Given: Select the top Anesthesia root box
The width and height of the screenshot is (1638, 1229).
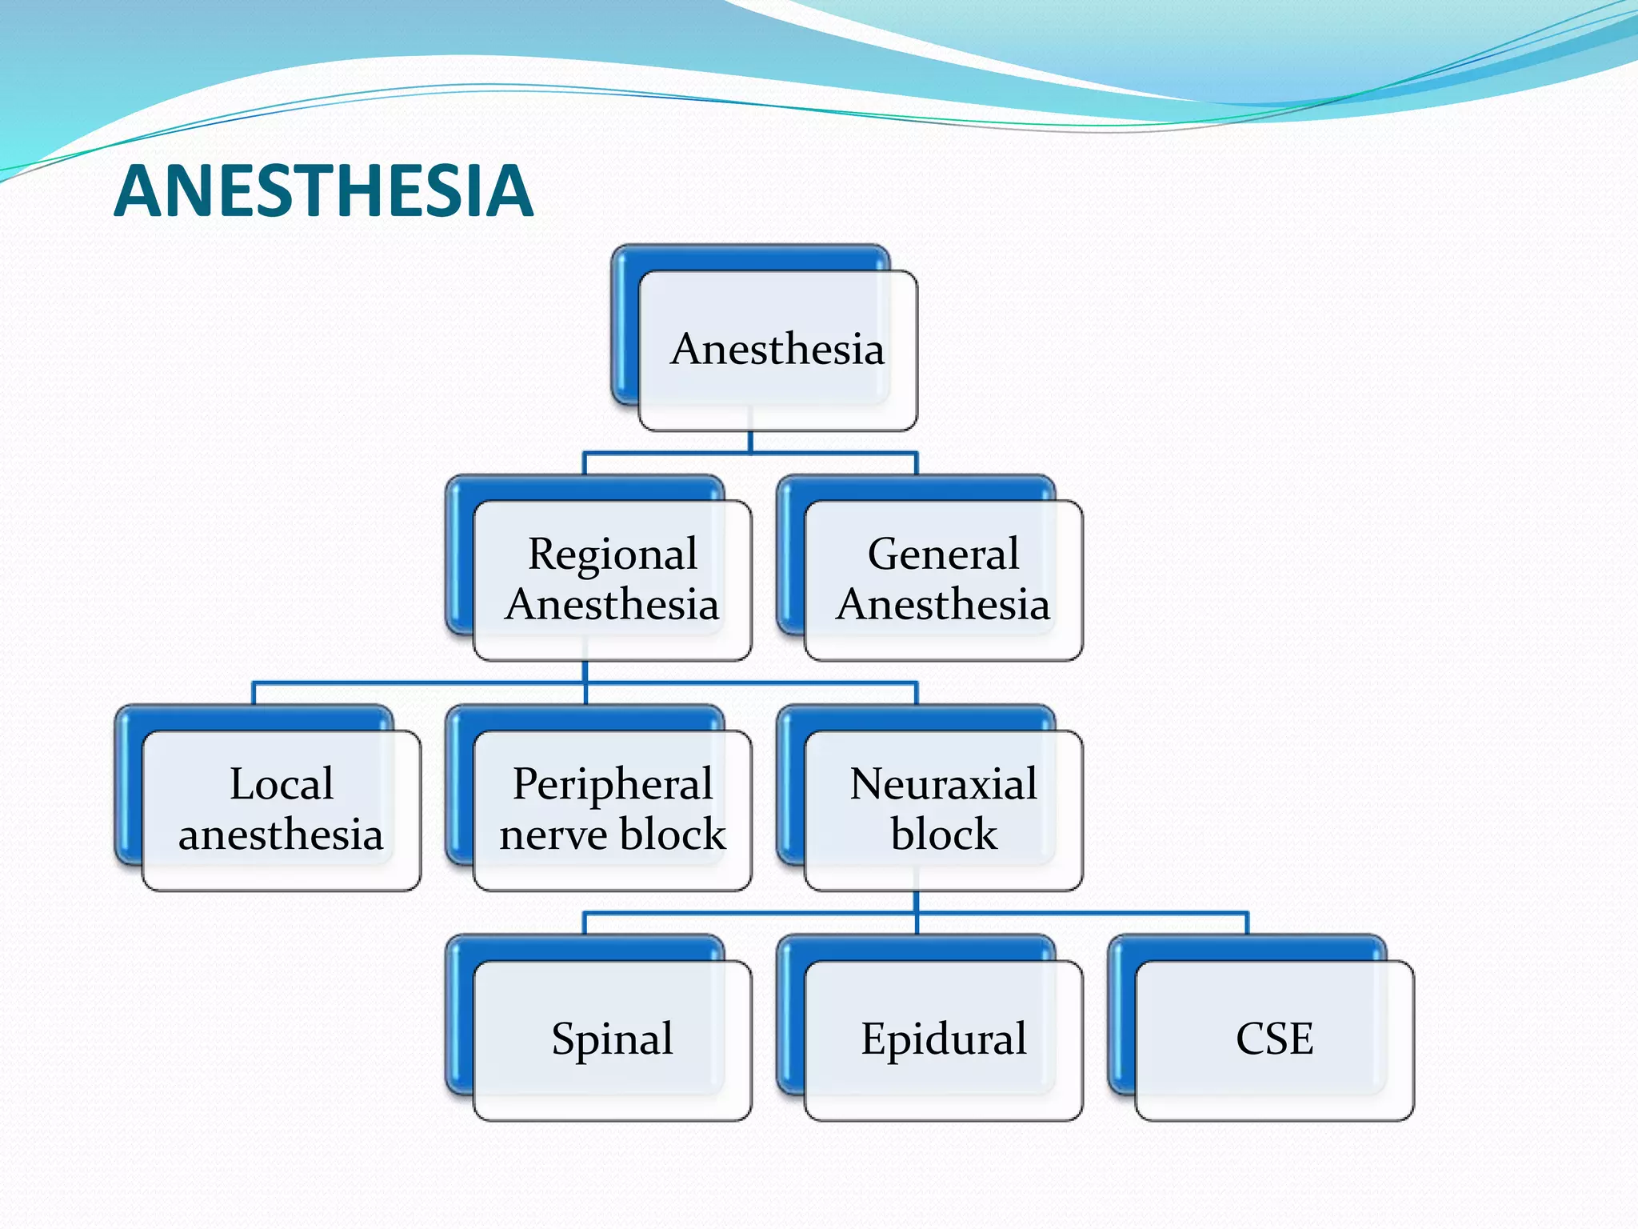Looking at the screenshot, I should (777, 349).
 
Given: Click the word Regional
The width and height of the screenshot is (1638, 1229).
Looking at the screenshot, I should (613, 554).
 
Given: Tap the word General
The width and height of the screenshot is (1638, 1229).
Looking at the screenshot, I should (943, 554).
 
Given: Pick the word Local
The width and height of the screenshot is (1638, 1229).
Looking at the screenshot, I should (282, 783).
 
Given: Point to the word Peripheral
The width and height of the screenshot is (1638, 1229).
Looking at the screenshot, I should (613, 783).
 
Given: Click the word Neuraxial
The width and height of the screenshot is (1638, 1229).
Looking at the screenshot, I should (943, 783).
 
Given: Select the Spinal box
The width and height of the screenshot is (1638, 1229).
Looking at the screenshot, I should (613, 1039).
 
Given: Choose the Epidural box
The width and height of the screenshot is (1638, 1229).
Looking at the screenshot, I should (943, 1039).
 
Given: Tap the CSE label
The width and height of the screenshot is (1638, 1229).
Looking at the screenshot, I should (1274, 1039).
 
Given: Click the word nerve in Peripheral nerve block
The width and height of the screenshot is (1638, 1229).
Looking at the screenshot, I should (553, 835).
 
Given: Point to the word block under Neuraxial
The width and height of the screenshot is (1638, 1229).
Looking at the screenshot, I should (944, 835).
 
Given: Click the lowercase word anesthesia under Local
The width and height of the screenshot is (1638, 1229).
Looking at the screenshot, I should (281, 835).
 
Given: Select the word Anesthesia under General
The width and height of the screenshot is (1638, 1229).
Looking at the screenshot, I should (943, 604).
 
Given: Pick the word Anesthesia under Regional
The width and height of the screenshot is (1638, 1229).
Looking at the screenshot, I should (613, 604).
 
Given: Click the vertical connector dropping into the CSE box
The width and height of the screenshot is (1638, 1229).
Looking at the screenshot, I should (1247, 923).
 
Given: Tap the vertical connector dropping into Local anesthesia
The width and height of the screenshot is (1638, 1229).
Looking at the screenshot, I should (254, 693).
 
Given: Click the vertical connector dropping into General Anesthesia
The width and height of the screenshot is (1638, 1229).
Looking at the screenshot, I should (917, 463).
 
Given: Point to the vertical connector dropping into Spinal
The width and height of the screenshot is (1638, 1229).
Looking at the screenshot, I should (585, 923).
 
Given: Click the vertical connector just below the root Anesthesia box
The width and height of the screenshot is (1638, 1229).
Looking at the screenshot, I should (750, 442).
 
